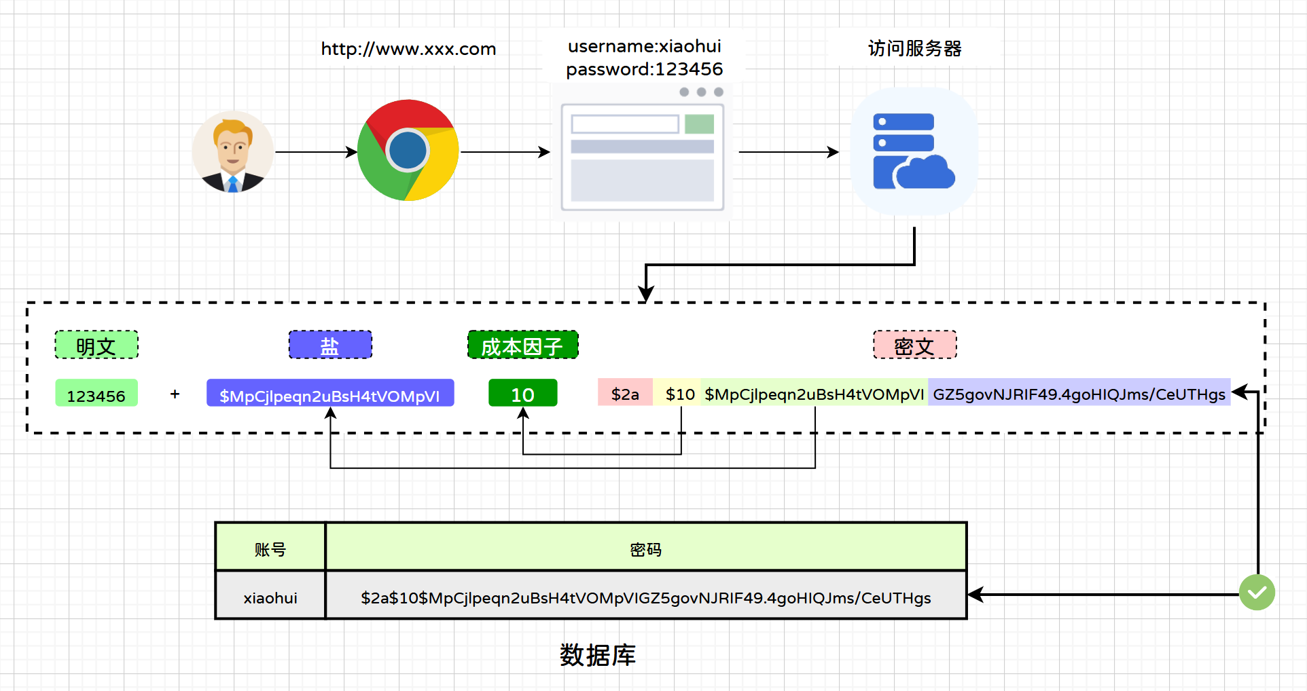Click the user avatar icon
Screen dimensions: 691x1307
point(233,152)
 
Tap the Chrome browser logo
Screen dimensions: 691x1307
point(408,151)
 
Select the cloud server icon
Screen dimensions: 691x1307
point(914,151)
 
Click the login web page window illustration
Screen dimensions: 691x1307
point(643,153)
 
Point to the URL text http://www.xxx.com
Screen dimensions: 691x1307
point(408,49)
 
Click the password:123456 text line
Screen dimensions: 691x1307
point(644,69)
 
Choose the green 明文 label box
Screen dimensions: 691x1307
point(96,345)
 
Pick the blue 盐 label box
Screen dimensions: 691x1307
point(330,345)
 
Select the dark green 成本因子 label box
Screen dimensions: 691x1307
point(522,345)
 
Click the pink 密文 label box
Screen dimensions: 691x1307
point(914,345)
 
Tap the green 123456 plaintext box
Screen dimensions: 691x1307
point(96,394)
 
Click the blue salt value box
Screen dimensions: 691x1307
point(330,394)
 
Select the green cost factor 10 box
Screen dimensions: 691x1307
point(522,393)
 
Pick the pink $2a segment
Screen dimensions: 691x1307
point(625,393)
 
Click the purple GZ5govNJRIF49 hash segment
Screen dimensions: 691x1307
point(1079,393)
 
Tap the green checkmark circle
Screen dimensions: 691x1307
point(1256,593)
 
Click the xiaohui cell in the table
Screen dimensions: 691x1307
point(270,597)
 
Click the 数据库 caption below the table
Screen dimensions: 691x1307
point(597,655)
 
